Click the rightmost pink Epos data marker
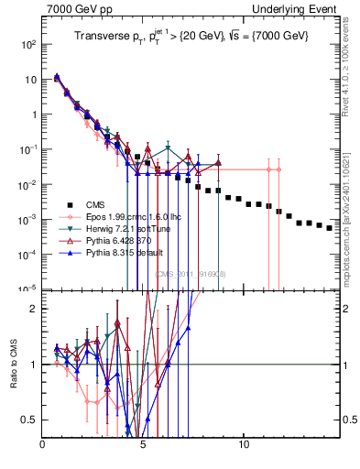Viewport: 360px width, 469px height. pos(278,169)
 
